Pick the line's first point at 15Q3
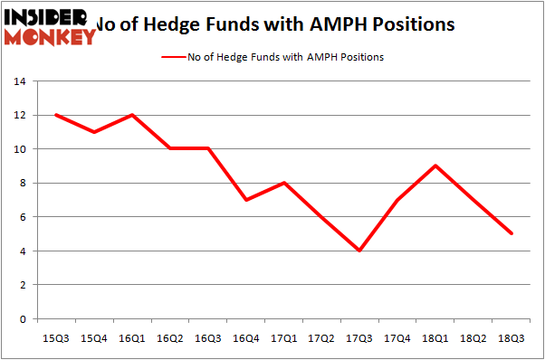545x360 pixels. coord(56,115)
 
